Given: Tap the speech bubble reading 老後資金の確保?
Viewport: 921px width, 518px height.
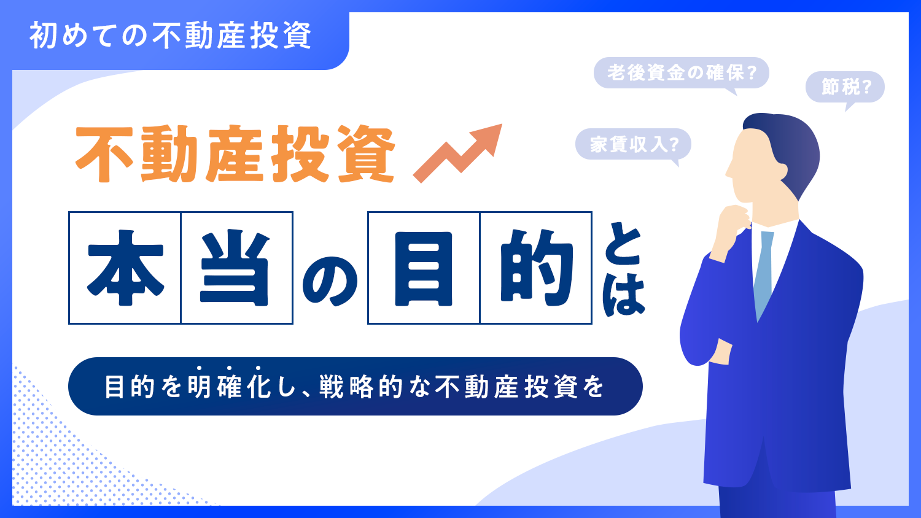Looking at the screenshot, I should coord(681,73).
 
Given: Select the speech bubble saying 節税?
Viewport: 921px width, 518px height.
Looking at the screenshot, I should coord(845,87).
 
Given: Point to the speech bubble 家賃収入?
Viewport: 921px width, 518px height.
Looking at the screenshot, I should coord(633,145).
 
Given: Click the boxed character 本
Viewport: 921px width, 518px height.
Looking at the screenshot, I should coord(125,268).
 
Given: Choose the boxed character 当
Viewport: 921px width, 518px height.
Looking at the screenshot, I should coord(236,268).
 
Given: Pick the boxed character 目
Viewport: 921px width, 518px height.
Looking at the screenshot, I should coord(424,268).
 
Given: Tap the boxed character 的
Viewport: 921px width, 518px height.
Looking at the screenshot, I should coord(535,268).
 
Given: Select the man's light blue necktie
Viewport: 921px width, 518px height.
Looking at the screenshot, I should coord(764,270).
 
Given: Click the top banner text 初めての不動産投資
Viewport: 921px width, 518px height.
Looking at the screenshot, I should coord(171,36).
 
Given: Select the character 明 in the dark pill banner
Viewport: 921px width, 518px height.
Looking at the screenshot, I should coord(200,387).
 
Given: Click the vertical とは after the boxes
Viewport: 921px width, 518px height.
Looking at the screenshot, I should coord(623,271).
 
